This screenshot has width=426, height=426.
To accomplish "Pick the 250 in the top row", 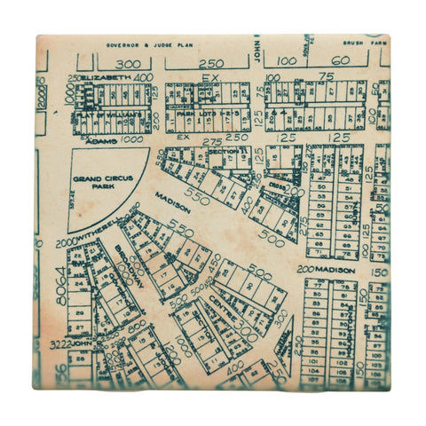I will coord(211,64).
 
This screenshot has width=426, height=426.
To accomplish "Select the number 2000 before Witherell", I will coord(66,242).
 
